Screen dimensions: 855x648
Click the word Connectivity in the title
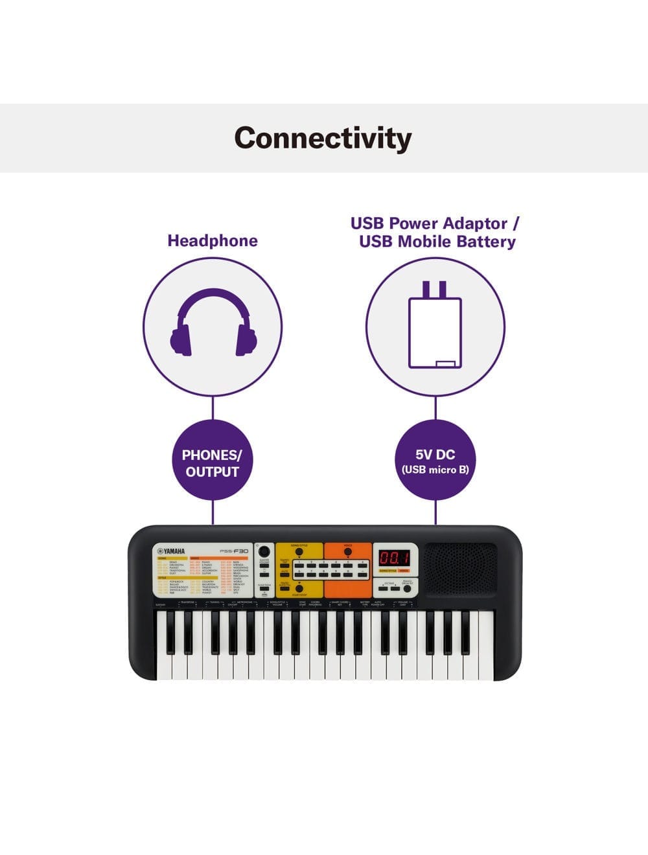[x=323, y=138]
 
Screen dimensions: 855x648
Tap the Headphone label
[x=213, y=240]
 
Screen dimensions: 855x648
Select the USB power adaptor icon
[x=435, y=325]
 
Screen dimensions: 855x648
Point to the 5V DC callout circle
[x=435, y=461]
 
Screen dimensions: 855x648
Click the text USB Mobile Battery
[x=437, y=242]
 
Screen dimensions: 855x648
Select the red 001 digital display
[x=393, y=558]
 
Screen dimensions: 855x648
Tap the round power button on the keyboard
[x=264, y=551]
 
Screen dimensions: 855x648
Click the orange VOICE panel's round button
[x=348, y=552]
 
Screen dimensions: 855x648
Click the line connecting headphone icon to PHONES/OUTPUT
[x=213, y=408]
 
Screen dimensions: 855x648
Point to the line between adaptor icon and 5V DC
[x=435, y=408]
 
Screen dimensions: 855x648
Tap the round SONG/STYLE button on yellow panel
[x=299, y=552]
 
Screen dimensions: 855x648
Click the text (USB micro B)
[x=435, y=470]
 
